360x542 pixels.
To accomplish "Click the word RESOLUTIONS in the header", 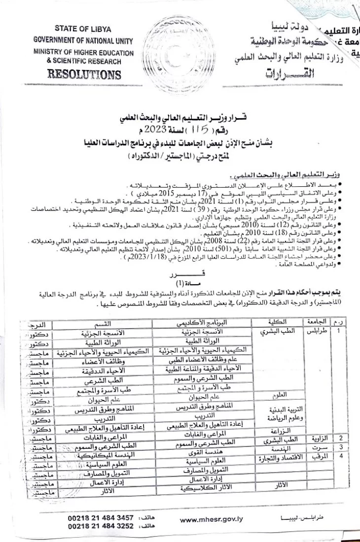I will pyautogui.click(x=83, y=75).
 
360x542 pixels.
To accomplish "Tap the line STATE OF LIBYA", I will pyautogui.click(x=83, y=30).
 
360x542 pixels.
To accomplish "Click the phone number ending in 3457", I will pyautogui.click(x=101, y=518).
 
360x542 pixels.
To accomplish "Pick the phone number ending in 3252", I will pyautogui.click(x=101, y=526).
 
